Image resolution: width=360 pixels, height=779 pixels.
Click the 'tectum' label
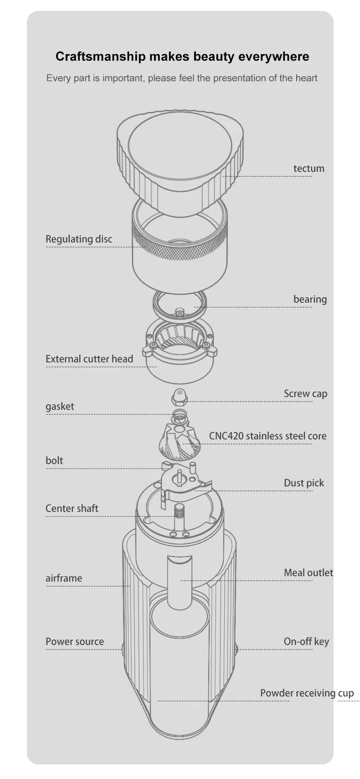(309, 169)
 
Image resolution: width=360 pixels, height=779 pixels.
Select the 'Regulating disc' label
(79, 239)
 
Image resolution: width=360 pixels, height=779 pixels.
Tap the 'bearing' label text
(310, 299)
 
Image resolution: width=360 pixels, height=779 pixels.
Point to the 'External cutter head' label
(89, 359)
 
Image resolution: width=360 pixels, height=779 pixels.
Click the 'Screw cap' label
(305, 394)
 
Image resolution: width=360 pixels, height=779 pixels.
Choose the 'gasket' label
(60, 407)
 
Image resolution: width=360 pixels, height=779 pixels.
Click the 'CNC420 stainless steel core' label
(267, 436)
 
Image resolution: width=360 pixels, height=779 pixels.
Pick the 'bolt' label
(54, 460)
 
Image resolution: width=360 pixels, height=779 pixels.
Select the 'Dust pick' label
(303, 483)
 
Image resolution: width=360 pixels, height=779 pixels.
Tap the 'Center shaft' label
(72, 508)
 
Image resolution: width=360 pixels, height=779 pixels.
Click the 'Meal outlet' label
(308, 573)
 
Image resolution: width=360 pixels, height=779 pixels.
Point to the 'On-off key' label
(306, 642)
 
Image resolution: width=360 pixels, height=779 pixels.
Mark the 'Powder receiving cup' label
(307, 693)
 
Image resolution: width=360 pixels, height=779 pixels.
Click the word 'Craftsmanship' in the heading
(101, 57)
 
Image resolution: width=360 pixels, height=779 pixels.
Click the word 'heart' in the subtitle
(306, 78)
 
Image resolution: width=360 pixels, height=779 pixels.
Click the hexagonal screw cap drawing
(180, 397)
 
